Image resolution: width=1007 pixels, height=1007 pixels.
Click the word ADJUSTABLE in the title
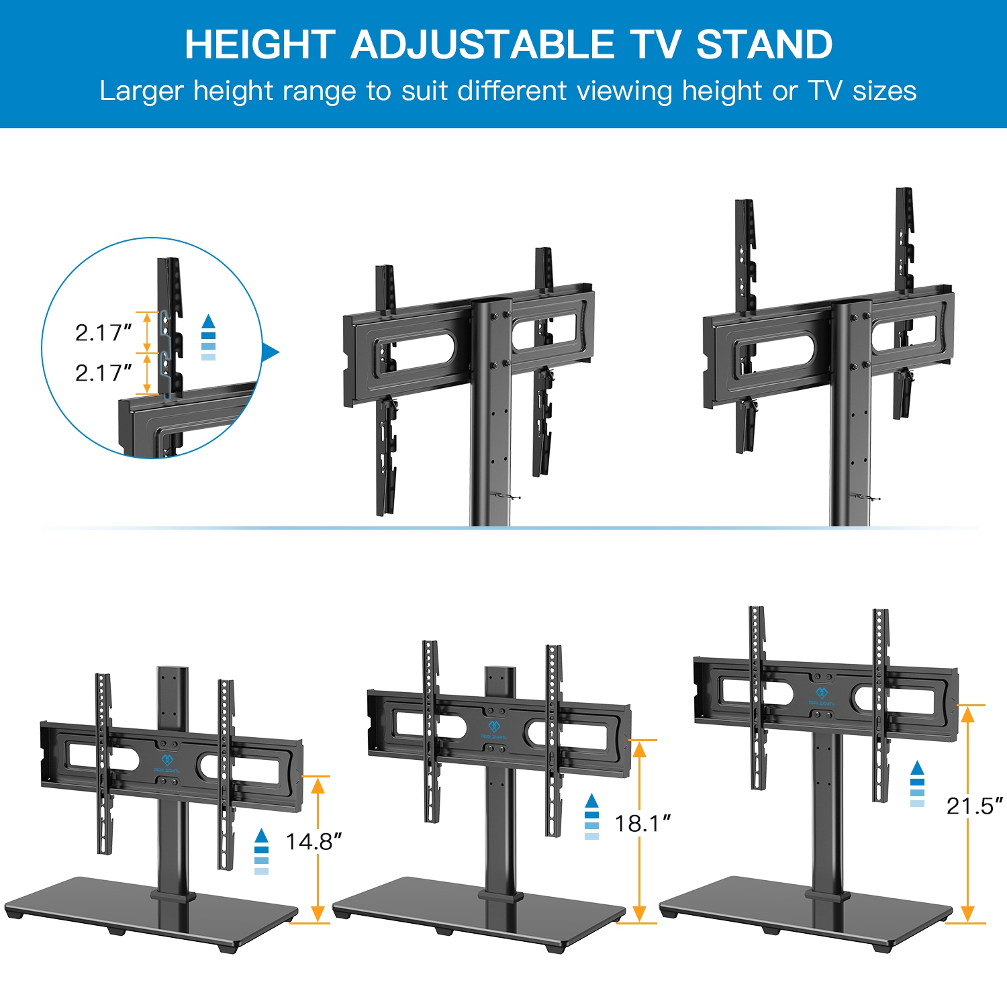(x=482, y=45)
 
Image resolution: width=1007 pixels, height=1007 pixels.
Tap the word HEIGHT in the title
(x=260, y=45)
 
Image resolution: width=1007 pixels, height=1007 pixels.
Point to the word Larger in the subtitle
(x=141, y=91)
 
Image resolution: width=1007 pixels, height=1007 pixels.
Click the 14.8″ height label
(x=314, y=842)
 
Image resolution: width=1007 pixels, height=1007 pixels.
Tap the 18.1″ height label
(x=642, y=824)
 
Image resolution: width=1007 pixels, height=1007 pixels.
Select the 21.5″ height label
(x=974, y=806)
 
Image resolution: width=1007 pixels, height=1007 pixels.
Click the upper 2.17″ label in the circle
(x=103, y=332)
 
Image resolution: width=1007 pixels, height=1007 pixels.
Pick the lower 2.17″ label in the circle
(x=103, y=373)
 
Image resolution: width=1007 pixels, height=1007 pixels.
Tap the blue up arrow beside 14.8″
(x=262, y=836)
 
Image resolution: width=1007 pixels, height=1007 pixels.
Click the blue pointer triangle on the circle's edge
(x=270, y=352)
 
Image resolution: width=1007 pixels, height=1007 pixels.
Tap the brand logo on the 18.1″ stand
(x=494, y=729)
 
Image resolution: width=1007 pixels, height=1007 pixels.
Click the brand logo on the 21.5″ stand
(x=822, y=695)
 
